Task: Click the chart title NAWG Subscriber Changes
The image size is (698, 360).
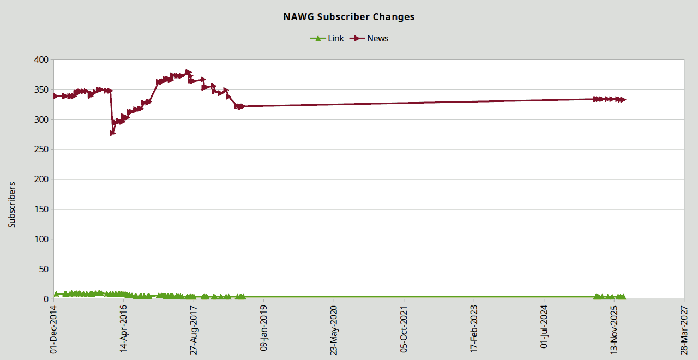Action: tap(348, 17)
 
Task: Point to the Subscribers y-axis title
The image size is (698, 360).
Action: tap(12, 205)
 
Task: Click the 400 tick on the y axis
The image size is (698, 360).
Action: tap(41, 59)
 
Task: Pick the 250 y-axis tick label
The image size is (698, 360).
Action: tap(41, 149)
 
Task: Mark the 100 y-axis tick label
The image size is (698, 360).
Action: tap(41, 239)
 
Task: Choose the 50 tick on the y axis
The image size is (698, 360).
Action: tap(44, 269)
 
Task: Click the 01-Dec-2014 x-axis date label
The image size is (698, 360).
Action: tap(53, 329)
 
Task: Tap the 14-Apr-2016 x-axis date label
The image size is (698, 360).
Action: tap(124, 329)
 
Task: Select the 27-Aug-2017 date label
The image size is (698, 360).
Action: tap(194, 329)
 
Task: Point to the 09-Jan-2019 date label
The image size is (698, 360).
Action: tap(264, 329)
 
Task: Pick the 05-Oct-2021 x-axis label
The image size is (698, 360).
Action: tap(404, 329)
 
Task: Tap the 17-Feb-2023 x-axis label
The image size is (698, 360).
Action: tap(474, 329)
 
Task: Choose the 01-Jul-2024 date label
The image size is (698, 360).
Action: tap(544, 329)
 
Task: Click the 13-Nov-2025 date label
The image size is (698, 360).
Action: tap(614, 329)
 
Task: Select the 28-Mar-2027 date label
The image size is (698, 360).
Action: tap(684, 329)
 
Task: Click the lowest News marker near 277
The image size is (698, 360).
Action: tap(113, 133)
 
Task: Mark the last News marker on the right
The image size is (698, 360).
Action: tap(623, 100)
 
